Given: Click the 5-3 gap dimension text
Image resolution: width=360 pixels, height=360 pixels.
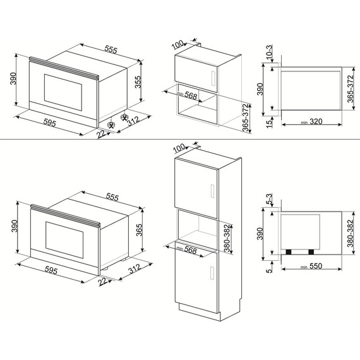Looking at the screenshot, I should [269, 199].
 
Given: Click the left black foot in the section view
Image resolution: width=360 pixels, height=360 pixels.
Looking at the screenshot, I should [289, 251].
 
